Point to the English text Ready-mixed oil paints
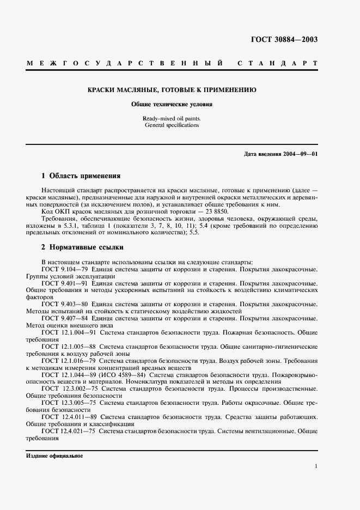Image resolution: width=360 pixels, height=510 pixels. (172, 118)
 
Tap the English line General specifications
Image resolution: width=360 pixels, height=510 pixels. (172, 125)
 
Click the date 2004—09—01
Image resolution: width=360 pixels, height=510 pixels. (300, 154)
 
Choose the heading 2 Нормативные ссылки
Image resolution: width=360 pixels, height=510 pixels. (80, 247)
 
